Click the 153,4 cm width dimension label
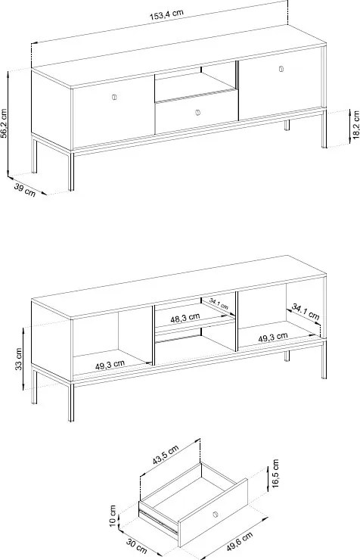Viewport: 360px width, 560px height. click(x=166, y=14)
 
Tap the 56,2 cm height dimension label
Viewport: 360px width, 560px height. click(x=4, y=123)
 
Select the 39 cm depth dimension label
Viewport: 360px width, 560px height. click(x=25, y=190)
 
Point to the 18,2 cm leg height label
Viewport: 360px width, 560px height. click(x=355, y=124)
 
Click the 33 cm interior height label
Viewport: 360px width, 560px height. click(x=19, y=359)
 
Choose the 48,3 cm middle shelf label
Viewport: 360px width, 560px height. click(x=185, y=318)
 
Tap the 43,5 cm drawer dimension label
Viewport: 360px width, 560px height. click(x=166, y=455)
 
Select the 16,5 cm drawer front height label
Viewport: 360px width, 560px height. click(x=275, y=474)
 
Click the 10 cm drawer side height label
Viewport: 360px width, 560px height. click(x=113, y=515)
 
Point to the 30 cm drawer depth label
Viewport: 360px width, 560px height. click(x=136, y=546)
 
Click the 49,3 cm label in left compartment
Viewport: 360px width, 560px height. click(x=110, y=365)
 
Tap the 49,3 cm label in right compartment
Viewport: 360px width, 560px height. click(x=272, y=337)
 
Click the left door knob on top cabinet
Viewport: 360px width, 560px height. click(x=114, y=97)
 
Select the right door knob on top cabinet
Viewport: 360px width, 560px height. click(x=281, y=69)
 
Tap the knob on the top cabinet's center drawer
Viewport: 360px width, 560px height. click(x=198, y=113)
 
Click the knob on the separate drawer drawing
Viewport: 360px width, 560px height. click(x=215, y=515)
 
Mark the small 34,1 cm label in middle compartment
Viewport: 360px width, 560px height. click(x=219, y=304)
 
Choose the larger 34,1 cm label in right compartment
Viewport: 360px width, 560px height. click(x=306, y=312)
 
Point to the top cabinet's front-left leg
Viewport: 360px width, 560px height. click(x=71, y=171)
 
